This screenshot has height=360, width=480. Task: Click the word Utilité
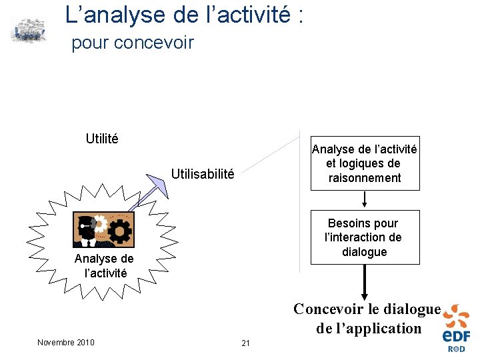[x=102, y=139]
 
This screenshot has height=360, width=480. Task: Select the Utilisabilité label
[x=203, y=175]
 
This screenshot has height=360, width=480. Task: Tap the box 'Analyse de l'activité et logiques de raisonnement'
[x=364, y=163]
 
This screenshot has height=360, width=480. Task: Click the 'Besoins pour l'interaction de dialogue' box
[x=364, y=237]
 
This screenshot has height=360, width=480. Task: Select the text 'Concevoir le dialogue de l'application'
[x=368, y=319]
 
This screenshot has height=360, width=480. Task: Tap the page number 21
[x=245, y=343]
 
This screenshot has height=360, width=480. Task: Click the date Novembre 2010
[x=66, y=343]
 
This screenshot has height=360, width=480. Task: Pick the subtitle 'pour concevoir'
[x=132, y=43]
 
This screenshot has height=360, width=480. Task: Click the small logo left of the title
[x=29, y=31]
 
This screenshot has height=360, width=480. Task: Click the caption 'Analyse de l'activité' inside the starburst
[x=104, y=265]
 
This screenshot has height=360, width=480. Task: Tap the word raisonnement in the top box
[x=364, y=178]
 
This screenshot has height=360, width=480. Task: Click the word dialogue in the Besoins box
[x=364, y=252]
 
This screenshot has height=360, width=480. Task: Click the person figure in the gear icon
[x=87, y=228]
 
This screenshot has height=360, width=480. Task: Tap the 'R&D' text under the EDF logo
[x=457, y=349]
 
